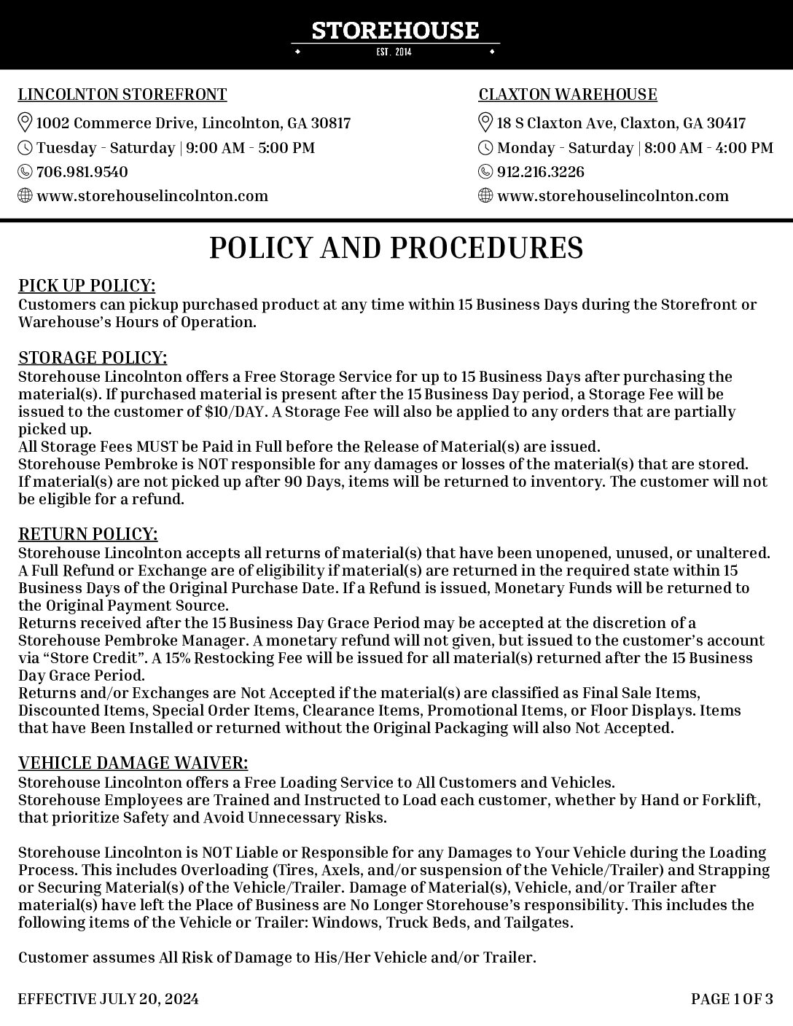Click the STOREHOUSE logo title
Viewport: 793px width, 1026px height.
395,31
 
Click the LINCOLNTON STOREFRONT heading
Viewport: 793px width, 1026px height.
122,95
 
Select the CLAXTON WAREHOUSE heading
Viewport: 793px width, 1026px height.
568,95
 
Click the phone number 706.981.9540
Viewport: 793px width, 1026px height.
82,172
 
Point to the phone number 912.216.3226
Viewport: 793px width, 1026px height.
540,172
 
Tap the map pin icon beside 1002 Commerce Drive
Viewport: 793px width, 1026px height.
25,122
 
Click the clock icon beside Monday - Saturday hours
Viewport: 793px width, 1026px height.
485,148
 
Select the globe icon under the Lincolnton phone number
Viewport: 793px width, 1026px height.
25,196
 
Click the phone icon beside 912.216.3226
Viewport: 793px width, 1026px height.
485,172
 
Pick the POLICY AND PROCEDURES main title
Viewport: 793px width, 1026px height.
396,248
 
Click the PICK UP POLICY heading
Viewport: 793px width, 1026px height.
87,285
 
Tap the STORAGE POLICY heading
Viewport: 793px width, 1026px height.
93,358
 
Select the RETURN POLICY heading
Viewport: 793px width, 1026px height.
88,535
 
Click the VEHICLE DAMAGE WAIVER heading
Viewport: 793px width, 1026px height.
133,763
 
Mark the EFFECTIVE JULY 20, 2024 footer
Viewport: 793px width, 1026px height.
108,999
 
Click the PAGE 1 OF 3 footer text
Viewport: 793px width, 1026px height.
732,999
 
